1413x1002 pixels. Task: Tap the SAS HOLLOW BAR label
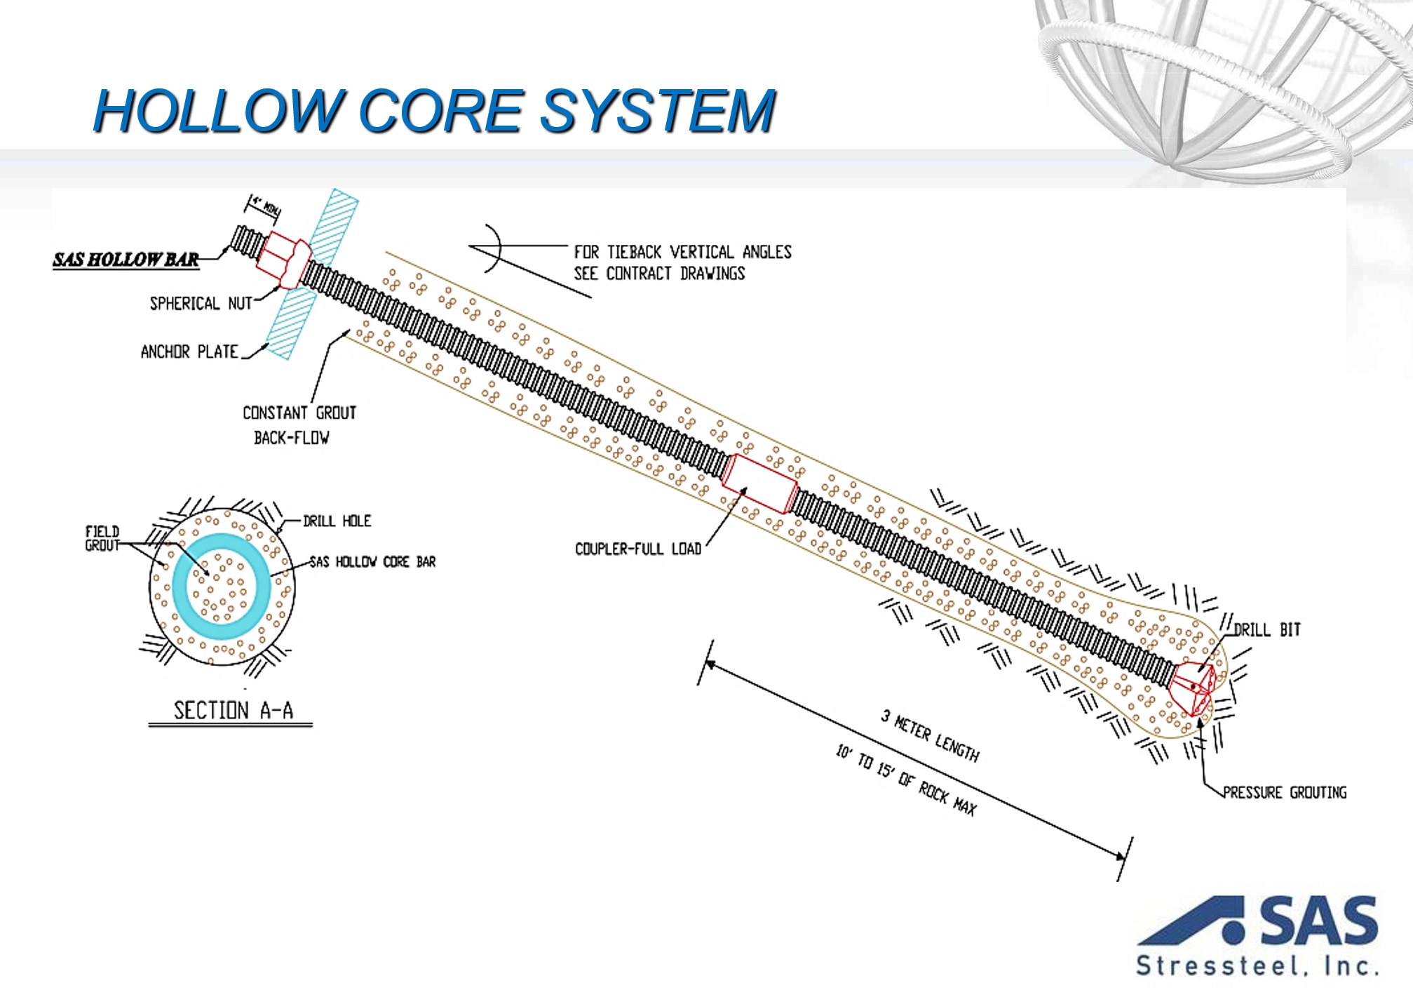[x=126, y=260]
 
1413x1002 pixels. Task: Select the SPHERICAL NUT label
[x=201, y=303]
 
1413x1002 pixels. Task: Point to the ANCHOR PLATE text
[x=189, y=352]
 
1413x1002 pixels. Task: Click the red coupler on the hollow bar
[x=760, y=483]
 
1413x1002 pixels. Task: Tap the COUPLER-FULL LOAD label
[x=637, y=549]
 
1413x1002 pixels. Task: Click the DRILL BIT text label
[x=1267, y=629]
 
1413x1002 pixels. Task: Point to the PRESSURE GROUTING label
[x=1285, y=792]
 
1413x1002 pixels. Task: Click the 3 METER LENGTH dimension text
[x=931, y=735]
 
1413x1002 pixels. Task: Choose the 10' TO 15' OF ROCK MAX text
[x=906, y=779]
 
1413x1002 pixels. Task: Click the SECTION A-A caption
[x=233, y=711]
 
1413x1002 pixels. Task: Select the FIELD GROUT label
[x=102, y=538]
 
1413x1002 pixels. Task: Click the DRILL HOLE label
[x=337, y=521]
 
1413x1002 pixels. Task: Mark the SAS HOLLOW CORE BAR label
[x=372, y=562]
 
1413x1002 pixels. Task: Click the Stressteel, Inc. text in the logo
[x=1257, y=966]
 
